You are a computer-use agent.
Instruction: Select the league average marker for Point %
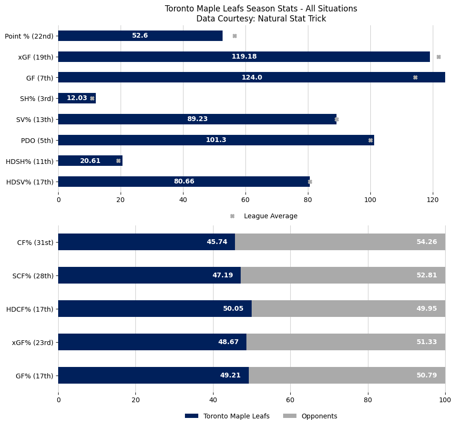[234, 36]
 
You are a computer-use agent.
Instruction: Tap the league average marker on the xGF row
[438, 57]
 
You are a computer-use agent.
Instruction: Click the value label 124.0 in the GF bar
[252, 77]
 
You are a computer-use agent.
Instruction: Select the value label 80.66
[184, 182]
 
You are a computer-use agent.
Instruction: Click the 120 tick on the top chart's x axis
[433, 200]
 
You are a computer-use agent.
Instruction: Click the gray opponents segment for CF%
[340, 242]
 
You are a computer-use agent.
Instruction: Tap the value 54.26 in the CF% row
[427, 242]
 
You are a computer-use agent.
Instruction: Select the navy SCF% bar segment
[149, 275]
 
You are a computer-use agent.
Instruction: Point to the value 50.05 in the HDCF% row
[233, 309]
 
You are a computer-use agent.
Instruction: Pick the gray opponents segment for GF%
[347, 375]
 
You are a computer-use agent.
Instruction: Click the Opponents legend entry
[319, 416]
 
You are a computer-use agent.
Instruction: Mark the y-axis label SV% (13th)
[35, 119]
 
